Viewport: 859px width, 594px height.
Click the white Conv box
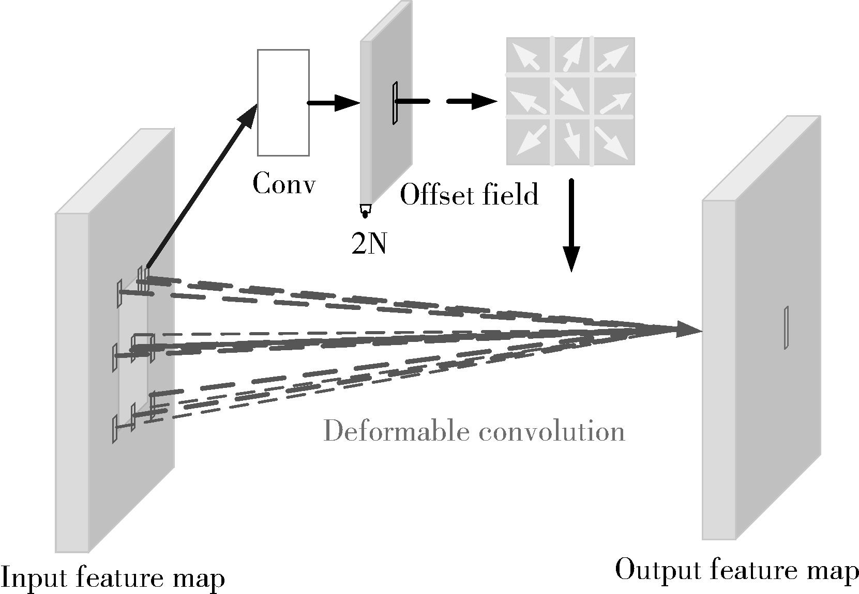pyautogui.click(x=283, y=102)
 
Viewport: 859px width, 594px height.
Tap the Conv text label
pyautogui.click(x=284, y=184)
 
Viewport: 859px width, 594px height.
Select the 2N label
pyautogui.click(x=369, y=244)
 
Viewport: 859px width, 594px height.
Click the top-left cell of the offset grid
pyautogui.click(x=529, y=56)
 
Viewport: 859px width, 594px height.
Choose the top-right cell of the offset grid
pyautogui.click(x=613, y=56)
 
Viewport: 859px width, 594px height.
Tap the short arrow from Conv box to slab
pyautogui.click(x=334, y=103)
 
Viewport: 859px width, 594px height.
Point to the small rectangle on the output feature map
pyautogui.click(x=786, y=328)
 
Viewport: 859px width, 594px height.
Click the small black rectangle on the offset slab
pyautogui.click(x=395, y=103)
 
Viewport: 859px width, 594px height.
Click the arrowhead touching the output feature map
pyautogui.click(x=688, y=330)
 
